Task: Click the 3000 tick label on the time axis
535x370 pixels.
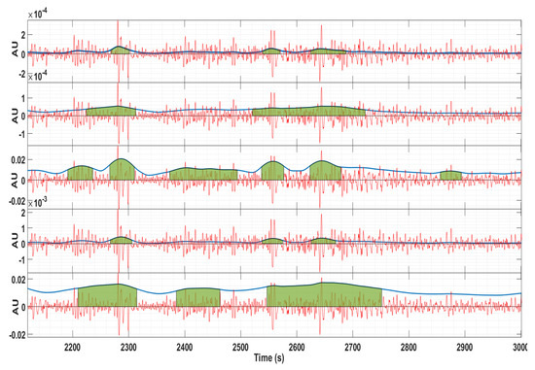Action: click(x=520, y=347)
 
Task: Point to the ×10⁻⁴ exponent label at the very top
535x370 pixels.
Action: click(x=35, y=13)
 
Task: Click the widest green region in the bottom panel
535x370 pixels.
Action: click(x=324, y=294)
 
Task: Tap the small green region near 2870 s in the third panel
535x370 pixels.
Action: click(x=450, y=176)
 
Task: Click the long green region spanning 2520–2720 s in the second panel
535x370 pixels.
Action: click(x=308, y=112)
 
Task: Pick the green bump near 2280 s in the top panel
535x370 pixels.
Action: click(x=119, y=50)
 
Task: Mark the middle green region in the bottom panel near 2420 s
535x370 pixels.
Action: click(x=197, y=297)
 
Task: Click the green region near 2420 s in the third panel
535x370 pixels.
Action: click(x=203, y=175)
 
